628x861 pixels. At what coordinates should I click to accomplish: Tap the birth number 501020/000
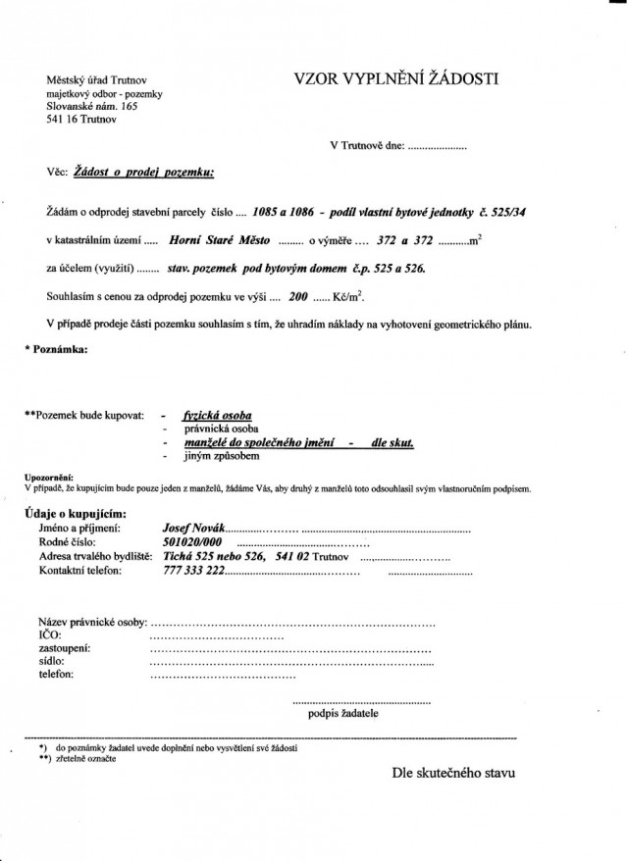192,542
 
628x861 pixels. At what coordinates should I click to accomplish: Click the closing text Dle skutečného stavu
452,773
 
